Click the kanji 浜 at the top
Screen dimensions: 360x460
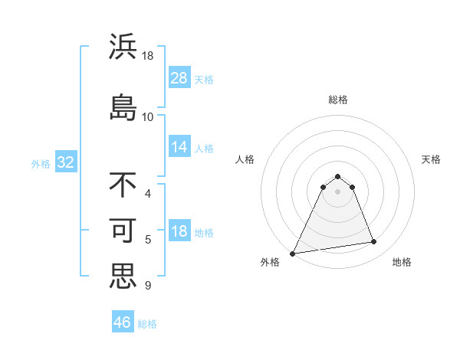[x=123, y=47]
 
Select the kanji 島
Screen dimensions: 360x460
[x=123, y=106]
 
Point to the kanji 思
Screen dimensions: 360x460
[x=123, y=275]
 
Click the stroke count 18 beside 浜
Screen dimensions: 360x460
[x=148, y=56]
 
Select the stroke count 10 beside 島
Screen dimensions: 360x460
[x=148, y=116]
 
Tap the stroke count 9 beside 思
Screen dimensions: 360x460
[x=148, y=286]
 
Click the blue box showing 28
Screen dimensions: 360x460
[x=179, y=78]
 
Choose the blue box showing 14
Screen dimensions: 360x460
[x=179, y=147]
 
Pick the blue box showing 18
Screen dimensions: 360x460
[x=179, y=231]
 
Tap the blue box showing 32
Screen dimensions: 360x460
[x=65, y=162]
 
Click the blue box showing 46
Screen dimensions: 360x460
[x=123, y=322]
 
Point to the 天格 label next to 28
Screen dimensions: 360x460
[x=204, y=79]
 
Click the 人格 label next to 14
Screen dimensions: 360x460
[x=204, y=148]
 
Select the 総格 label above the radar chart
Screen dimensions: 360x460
[x=338, y=100]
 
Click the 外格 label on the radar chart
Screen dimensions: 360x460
[x=270, y=262]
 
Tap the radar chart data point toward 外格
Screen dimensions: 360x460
[x=293, y=253]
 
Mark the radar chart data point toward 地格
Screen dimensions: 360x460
[x=374, y=242]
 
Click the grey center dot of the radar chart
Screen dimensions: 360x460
[x=338, y=191]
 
